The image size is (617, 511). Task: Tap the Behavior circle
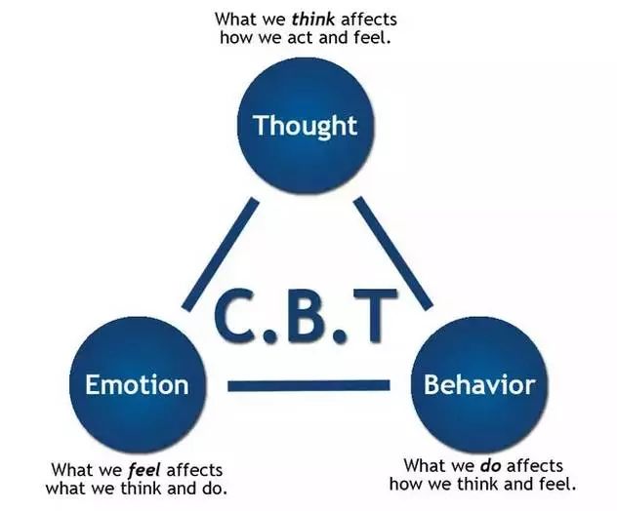[x=479, y=384]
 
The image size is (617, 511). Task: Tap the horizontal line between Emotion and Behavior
[x=308, y=386]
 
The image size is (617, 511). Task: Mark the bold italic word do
[x=490, y=465]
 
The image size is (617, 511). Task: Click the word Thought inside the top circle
[x=306, y=126]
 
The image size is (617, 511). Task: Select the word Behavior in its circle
[x=479, y=384]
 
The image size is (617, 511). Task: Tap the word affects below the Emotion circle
[x=194, y=470]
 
